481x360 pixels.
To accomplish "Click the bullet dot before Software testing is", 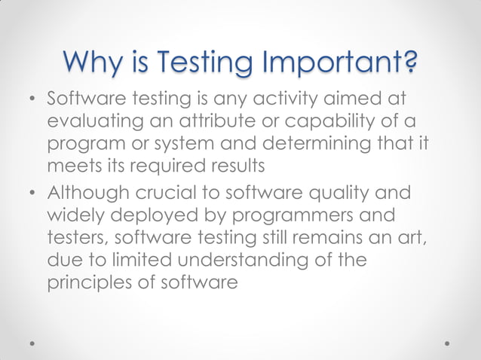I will point(32,100).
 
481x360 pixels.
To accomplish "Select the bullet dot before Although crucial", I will point(32,192).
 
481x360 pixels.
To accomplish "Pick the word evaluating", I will point(93,122).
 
